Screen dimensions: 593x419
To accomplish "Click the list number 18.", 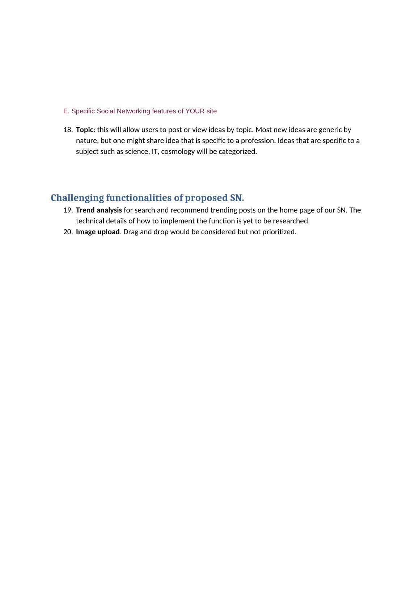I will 68,130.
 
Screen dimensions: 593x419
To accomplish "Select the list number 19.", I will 68,210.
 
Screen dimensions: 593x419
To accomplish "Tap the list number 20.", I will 68,232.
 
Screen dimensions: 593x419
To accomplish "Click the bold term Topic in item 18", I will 84,130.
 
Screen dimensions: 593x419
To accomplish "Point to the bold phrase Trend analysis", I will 99,210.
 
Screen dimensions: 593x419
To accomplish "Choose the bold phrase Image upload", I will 98,232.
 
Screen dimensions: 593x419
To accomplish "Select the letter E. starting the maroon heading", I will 66,111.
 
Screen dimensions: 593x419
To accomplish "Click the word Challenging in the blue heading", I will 77,198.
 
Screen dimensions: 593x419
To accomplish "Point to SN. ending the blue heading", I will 237,198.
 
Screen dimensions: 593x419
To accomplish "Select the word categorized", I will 238,152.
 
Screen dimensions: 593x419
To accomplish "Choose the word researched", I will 292,221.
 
